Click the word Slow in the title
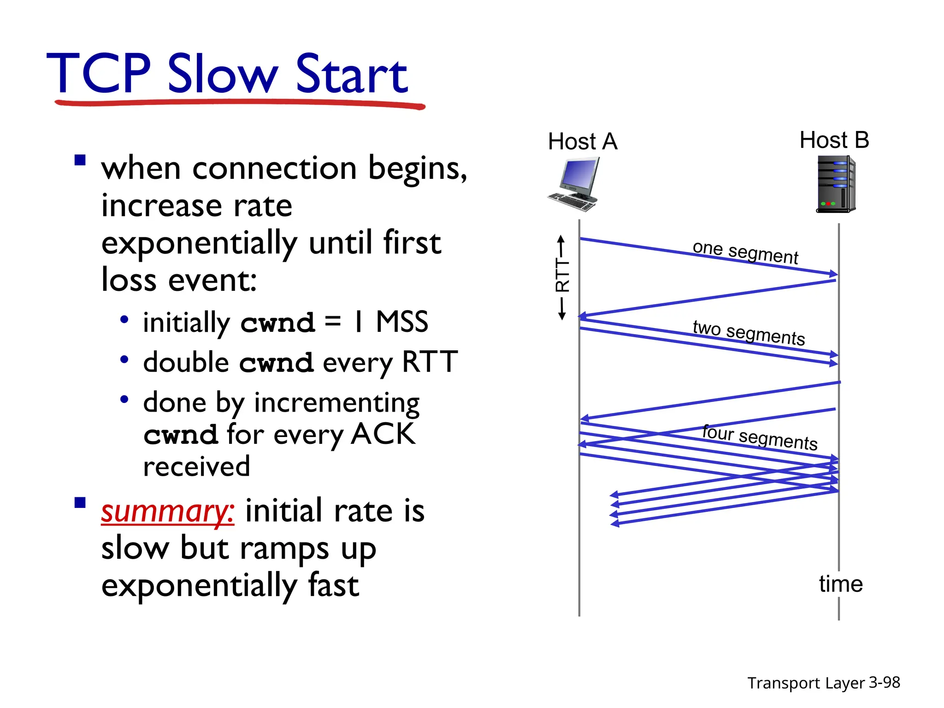tap(223, 74)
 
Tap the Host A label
tap(582, 142)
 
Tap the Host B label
tap(834, 140)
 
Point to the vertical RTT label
tap(562, 275)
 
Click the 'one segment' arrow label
tap(745, 253)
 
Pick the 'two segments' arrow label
tap(749, 332)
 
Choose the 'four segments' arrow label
tap(760, 437)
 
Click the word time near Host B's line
tap(840, 584)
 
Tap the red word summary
tap(167, 512)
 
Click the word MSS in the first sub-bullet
tap(401, 322)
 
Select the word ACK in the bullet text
tap(383, 434)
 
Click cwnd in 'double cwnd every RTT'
tap(276, 363)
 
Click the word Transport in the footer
tap(775, 683)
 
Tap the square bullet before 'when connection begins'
tap(80, 160)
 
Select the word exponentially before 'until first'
tap(199, 244)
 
